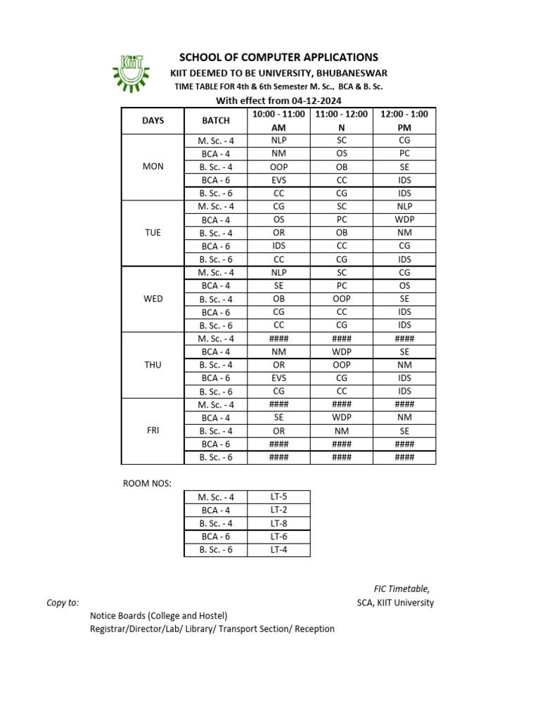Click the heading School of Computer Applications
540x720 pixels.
coord(279,57)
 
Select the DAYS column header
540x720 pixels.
coord(153,120)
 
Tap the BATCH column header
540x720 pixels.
coord(216,120)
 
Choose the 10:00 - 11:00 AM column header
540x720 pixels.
coord(278,120)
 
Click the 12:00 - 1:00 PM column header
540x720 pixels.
coord(404,120)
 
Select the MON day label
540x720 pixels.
coord(153,167)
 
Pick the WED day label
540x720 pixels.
coord(153,299)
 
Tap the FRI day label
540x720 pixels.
coord(153,430)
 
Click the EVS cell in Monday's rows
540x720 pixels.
coord(278,180)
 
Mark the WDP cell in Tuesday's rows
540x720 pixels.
coord(404,219)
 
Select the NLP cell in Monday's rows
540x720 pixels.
coord(278,140)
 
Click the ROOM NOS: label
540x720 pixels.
coord(147,483)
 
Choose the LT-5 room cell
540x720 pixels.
coord(278,496)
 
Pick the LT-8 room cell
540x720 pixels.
coord(278,523)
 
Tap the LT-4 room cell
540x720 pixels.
coord(278,550)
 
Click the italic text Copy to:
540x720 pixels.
coord(63,603)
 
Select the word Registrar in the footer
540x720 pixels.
coord(110,629)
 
